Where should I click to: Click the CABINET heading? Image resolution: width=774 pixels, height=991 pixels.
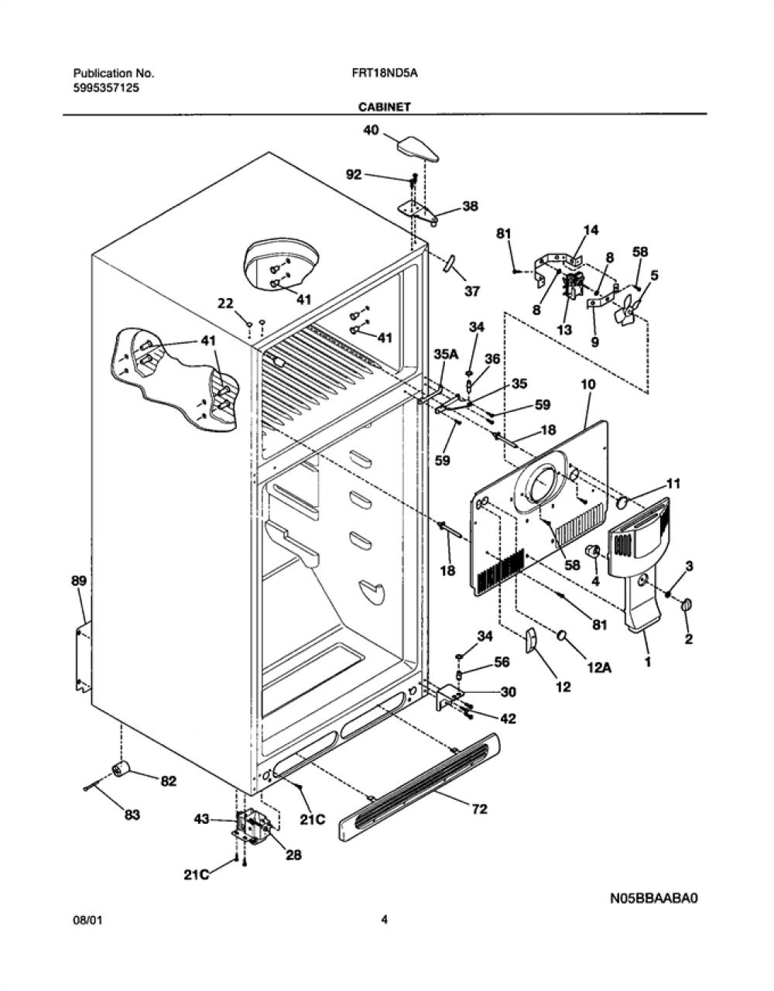pyautogui.click(x=384, y=107)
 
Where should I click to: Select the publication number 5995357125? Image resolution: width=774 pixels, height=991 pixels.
pyautogui.click(x=106, y=88)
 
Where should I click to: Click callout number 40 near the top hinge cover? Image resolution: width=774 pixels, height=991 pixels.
pyautogui.click(x=371, y=130)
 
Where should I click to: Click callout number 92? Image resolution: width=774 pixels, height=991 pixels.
pyautogui.click(x=354, y=174)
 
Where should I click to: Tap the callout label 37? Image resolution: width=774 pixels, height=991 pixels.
pyautogui.click(x=472, y=290)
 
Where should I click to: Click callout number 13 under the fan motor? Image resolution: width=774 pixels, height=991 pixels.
pyautogui.click(x=564, y=329)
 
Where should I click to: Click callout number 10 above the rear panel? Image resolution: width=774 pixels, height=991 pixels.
pyautogui.click(x=588, y=384)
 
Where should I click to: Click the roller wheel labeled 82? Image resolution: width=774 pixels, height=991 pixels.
pyautogui.click(x=121, y=770)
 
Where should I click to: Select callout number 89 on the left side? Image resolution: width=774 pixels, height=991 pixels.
pyautogui.click(x=79, y=581)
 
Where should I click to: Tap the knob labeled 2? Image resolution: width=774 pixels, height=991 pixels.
pyautogui.click(x=686, y=606)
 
